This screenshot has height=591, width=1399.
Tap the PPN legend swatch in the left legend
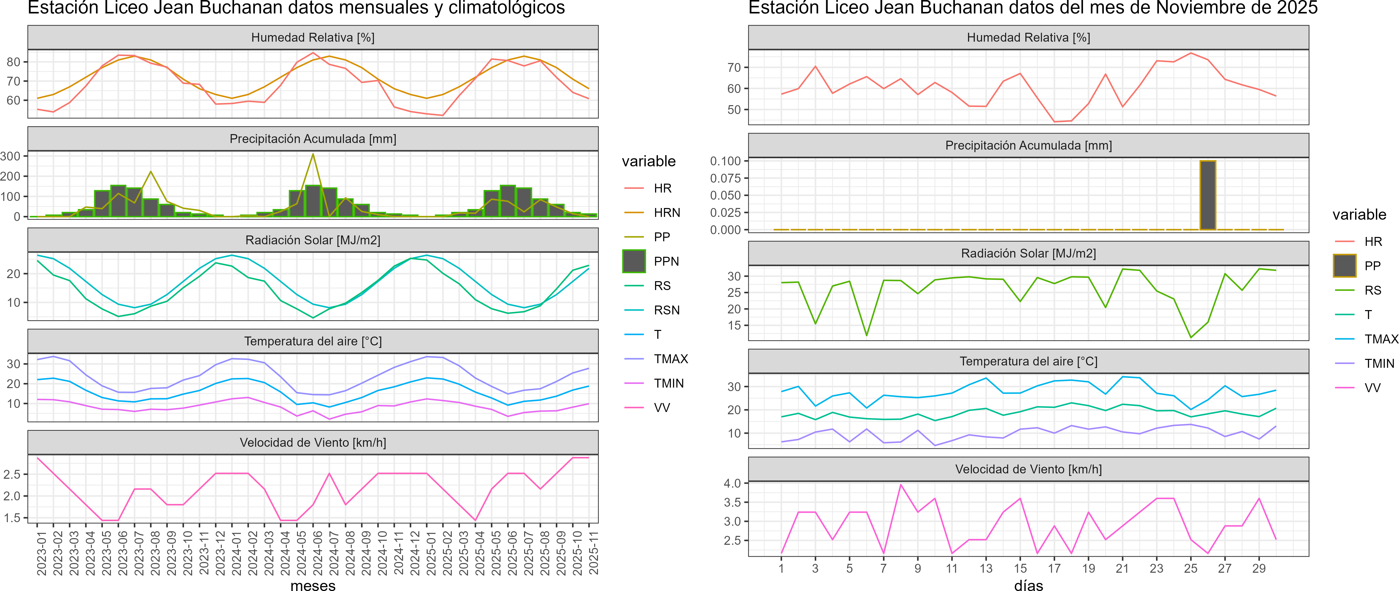coord(634,261)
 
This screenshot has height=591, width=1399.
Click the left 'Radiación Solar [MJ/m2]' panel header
coord(313,240)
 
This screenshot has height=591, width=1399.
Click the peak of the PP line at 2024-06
coord(313,154)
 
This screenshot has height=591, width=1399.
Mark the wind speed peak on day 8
coord(901,485)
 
